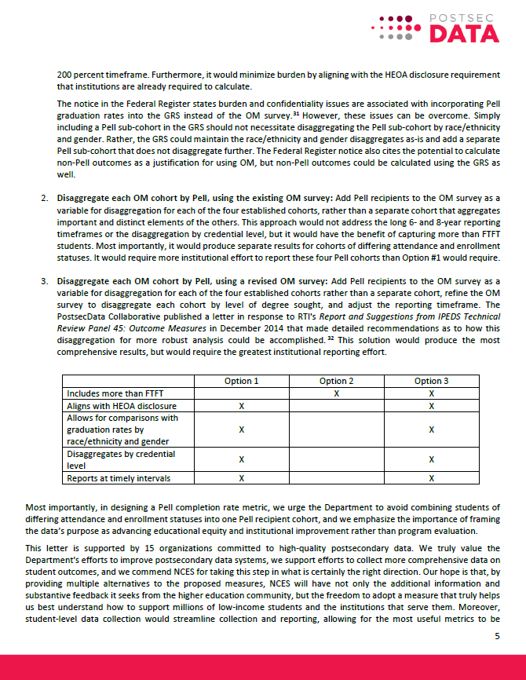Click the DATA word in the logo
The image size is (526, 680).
[465, 33]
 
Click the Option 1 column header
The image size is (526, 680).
[241, 381]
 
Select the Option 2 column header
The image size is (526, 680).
[336, 381]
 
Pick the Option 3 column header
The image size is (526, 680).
[431, 381]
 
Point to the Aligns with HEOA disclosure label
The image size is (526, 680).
[122, 406]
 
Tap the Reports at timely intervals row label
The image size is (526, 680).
[119, 478]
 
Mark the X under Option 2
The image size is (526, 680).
[336, 393]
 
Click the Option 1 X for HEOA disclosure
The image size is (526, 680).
[241, 406]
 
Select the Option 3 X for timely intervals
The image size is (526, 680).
[431, 478]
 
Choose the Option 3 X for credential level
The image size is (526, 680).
[431, 459]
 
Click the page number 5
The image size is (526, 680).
[496, 636]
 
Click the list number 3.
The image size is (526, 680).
[44, 280]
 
